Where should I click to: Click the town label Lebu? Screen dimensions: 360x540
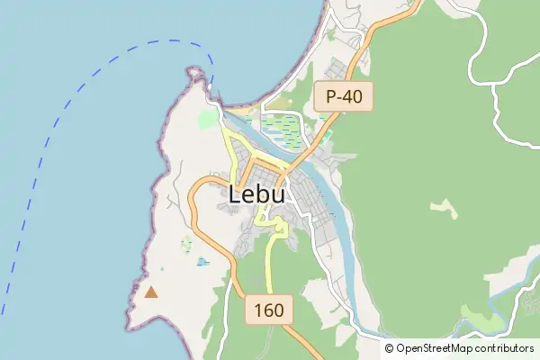pos(257,193)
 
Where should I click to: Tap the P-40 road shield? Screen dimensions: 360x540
pos(343,97)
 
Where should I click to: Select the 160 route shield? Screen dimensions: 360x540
pos(269,310)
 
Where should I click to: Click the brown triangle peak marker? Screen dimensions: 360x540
pos(151,292)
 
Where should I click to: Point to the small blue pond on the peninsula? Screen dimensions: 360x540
pos(202,262)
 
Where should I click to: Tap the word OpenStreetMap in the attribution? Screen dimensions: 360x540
pos(435,348)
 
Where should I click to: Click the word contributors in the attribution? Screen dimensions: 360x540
pos(505,348)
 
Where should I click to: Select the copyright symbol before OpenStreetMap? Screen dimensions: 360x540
pos(390,348)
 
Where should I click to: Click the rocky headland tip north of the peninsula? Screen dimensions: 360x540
pos(194,70)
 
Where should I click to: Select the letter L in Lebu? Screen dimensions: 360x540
pos(237,193)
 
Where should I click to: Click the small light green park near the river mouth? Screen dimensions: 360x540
pos(209,119)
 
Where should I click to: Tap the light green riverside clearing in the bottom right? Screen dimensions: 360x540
pos(477,317)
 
